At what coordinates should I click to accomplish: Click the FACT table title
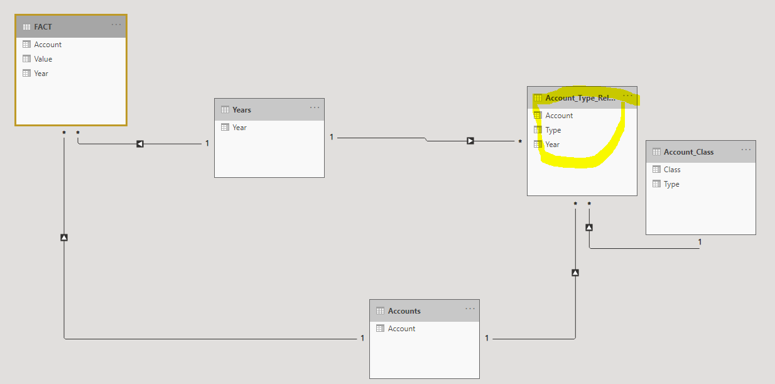point(43,26)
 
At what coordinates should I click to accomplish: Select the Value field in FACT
point(43,59)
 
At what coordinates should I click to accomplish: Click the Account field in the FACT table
point(48,45)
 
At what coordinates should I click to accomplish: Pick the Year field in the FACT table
point(41,74)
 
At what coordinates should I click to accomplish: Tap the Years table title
point(242,110)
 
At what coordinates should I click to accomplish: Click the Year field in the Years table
point(239,128)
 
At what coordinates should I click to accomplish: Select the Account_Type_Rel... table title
point(580,98)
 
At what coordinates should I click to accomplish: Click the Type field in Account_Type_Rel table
point(553,130)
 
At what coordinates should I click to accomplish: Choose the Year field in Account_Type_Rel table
point(552,145)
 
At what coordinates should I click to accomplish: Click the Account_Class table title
point(688,152)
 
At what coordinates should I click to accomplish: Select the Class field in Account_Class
point(672,170)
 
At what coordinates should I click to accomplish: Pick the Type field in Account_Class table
point(671,184)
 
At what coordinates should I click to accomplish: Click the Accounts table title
point(404,311)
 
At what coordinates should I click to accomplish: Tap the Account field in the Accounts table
point(401,329)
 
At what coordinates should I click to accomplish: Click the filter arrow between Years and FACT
point(140,144)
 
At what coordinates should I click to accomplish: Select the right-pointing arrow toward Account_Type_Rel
point(470,141)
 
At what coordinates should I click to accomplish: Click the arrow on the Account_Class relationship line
point(589,228)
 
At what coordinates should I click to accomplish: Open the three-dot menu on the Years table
point(315,107)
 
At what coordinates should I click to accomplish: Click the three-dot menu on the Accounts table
point(470,309)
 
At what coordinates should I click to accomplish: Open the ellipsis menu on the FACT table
point(116,25)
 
